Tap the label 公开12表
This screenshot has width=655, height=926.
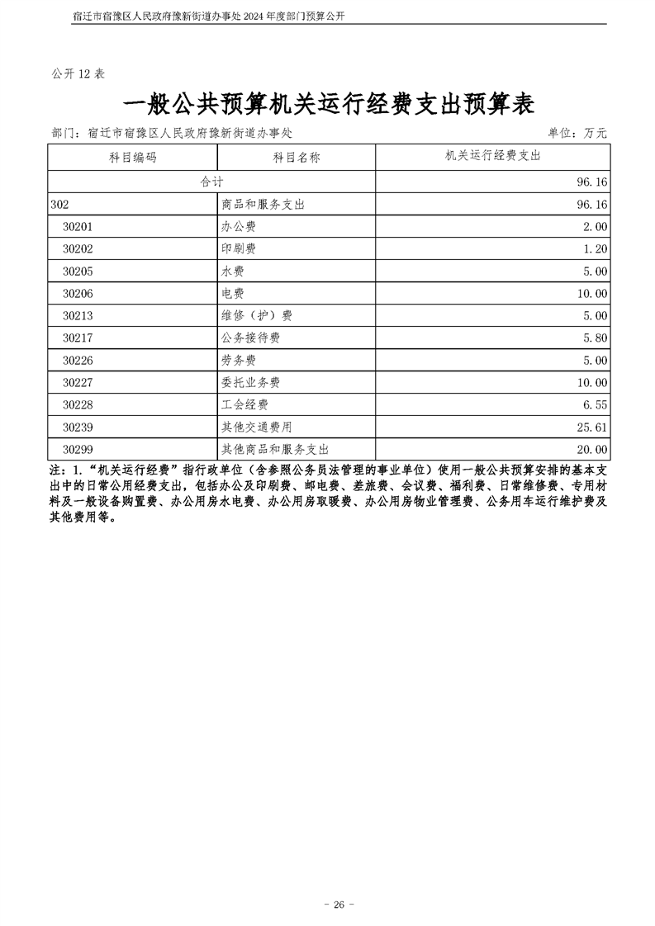tap(78, 73)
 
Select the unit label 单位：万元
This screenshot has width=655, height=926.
tap(577, 132)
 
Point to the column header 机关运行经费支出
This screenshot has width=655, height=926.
tap(493, 155)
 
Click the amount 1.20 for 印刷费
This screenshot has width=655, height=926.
tap(594, 248)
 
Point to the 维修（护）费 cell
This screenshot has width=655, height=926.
tap(257, 315)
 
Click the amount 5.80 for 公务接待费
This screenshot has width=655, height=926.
tap(594, 338)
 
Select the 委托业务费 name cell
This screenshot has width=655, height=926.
tap(251, 382)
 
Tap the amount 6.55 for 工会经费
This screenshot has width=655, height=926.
tap(594, 404)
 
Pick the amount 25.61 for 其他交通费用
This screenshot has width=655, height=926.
tap(591, 427)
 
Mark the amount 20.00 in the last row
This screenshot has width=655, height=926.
tap(591, 449)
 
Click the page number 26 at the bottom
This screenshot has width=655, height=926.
tap(338, 881)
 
